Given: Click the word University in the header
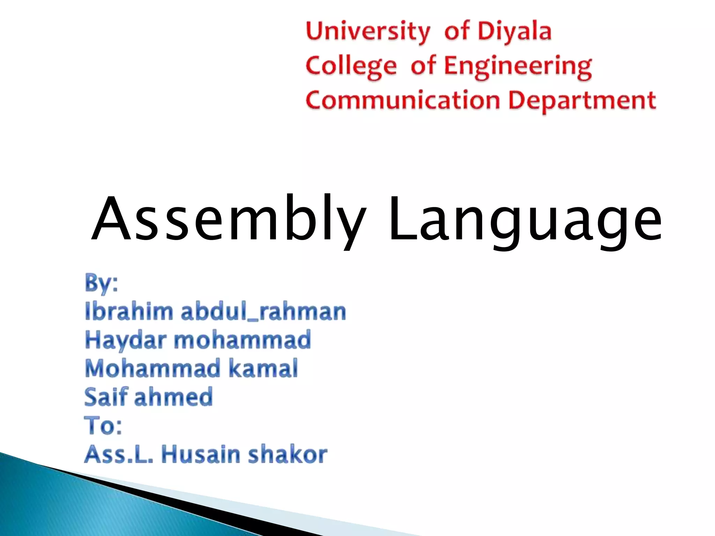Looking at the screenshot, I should click(x=368, y=31).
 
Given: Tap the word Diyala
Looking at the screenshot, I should click(x=514, y=31).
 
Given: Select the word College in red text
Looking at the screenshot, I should click(x=351, y=66).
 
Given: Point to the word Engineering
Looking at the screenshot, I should click(x=518, y=66).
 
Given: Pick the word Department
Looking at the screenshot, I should click(x=582, y=100).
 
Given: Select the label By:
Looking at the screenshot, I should click(x=102, y=283).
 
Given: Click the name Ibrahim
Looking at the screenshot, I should click(x=129, y=311).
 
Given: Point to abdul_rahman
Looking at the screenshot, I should click(x=263, y=311).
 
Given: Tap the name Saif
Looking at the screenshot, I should click(x=106, y=397).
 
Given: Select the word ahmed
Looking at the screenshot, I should click(x=173, y=397).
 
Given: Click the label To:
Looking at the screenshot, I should click(x=103, y=426).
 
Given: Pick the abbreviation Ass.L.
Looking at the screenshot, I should click(x=119, y=454).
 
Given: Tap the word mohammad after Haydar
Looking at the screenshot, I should click(x=242, y=340).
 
